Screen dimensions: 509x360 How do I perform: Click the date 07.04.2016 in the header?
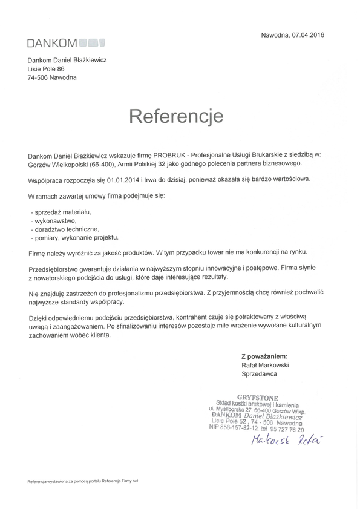tap(308, 34)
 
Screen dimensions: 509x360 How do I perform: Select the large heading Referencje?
tap(176, 115)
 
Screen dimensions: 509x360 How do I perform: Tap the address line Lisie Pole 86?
tap(46, 69)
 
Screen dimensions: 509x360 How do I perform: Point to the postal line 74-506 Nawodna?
tap(52, 77)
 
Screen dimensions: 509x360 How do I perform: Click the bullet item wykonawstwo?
tap(53, 221)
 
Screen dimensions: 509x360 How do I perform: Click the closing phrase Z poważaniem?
tap(264, 356)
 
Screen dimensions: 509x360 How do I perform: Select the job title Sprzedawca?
tap(259, 375)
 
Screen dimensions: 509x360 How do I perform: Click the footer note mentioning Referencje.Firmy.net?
tap(83, 481)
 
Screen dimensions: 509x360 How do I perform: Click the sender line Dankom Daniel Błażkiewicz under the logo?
tap(67, 61)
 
